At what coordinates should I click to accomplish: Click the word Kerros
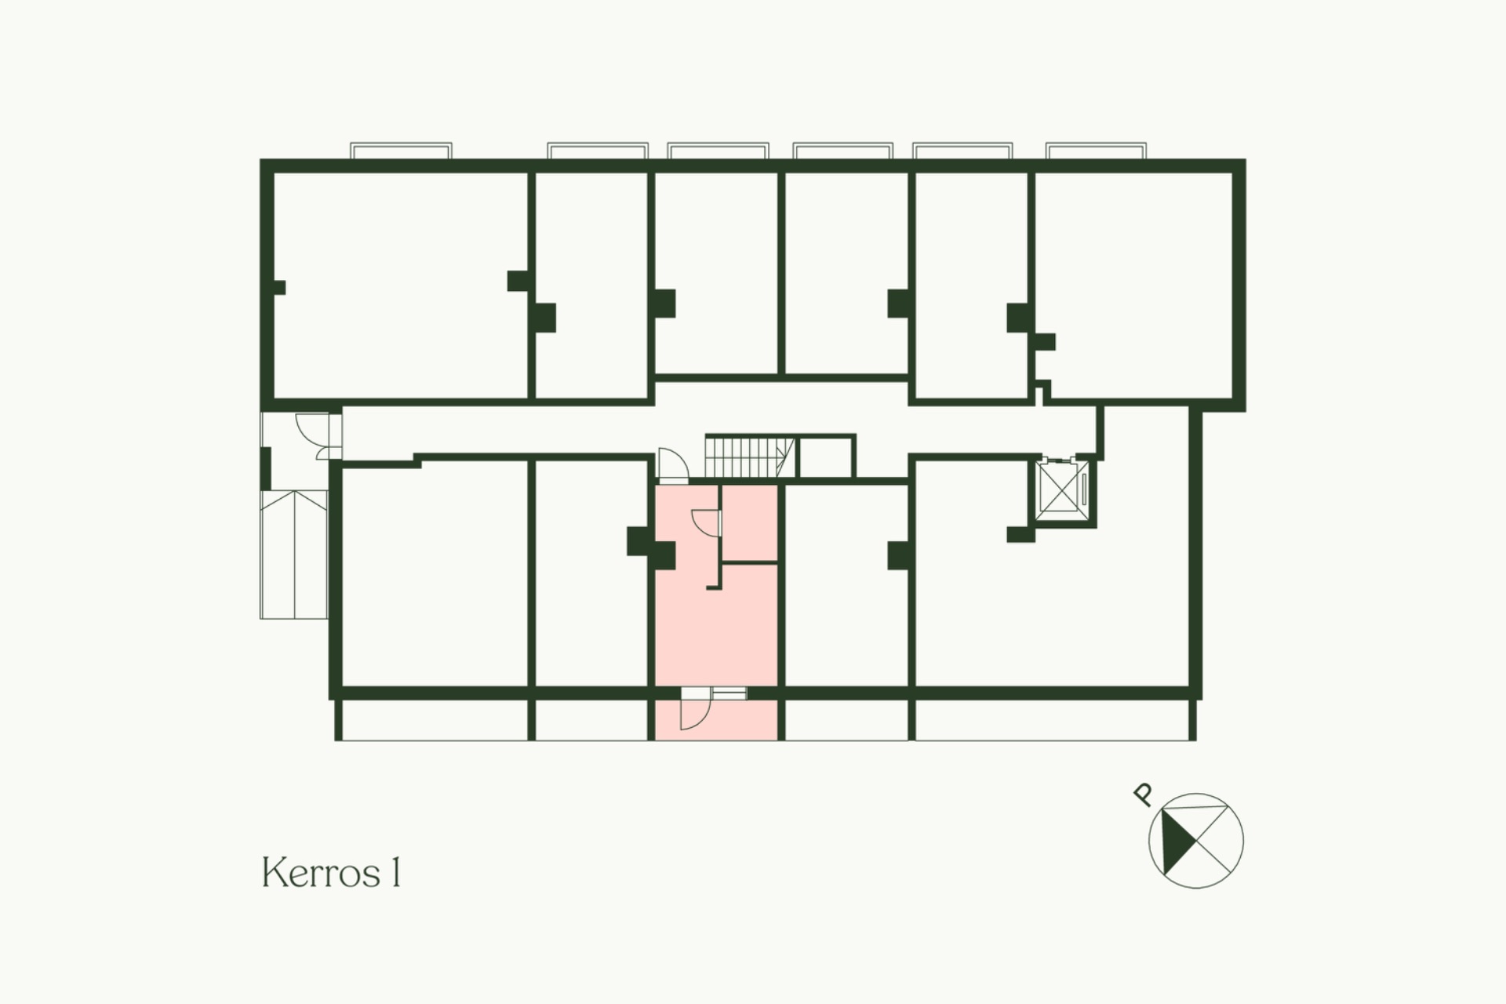click(x=322, y=873)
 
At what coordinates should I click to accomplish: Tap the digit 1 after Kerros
click(x=396, y=873)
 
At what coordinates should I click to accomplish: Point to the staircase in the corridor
click(x=750, y=455)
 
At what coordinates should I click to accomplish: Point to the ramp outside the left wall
click(x=293, y=554)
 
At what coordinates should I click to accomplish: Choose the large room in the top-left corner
click(x=400, y=285)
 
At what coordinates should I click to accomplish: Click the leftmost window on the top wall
click(x=401, y=151)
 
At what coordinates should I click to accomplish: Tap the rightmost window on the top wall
click(x=1096, y=151)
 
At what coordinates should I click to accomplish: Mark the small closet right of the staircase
click(x=824, y=456)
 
